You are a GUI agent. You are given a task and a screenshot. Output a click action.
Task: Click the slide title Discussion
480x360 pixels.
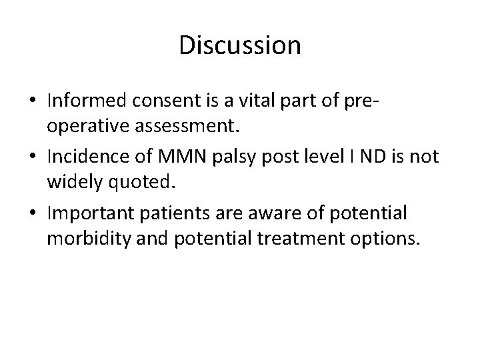(x=240, y=45)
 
